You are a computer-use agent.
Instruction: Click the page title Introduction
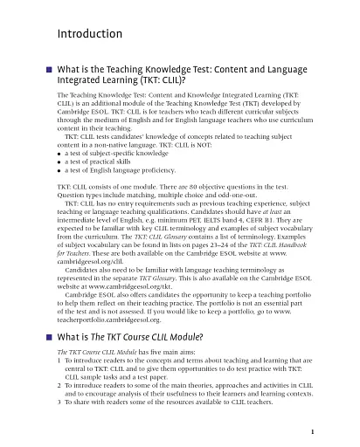pyautogui.click(x=88, y=34)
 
